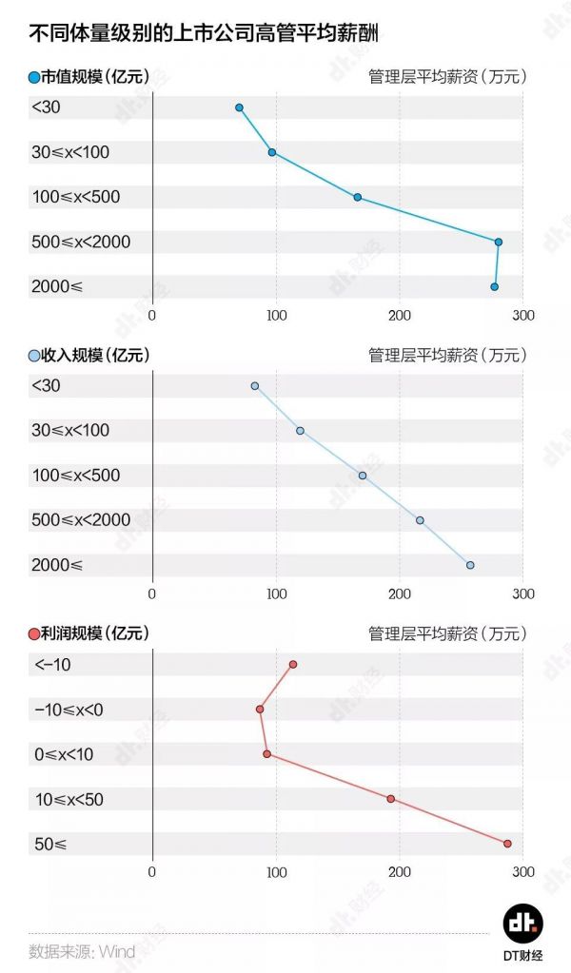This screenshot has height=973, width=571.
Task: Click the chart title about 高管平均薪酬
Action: tap(210, 34)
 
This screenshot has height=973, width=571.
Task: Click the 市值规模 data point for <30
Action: tap(239, 107)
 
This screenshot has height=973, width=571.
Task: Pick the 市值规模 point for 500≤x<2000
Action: tap(498, 242)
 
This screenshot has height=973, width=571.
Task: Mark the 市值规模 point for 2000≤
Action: tap(494, 286)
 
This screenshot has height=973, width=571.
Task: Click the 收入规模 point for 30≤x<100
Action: tap(300, 431)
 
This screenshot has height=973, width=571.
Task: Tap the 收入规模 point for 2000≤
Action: tap(469, 565)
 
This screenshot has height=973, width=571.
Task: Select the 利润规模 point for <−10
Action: tap(293, 664)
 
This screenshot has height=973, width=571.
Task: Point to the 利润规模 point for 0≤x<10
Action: tap(266, 754)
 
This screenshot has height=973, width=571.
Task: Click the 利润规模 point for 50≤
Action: tap(507, 844)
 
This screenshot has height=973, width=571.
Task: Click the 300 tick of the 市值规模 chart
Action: tap(523, 316)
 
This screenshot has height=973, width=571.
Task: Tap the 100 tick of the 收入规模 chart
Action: tap(276, 594)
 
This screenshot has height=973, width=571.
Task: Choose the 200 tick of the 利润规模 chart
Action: tap(400, 871)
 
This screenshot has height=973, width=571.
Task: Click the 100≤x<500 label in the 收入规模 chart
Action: tap(76, 476)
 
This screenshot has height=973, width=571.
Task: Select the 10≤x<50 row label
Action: tap(69, 800)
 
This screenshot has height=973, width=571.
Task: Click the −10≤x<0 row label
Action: tap(69, 710)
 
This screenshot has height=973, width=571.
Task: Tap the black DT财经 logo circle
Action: tap(522, 924)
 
